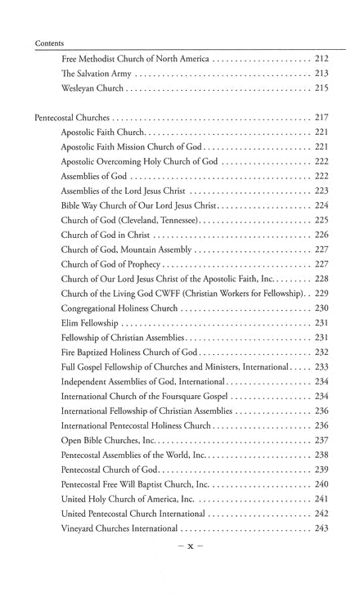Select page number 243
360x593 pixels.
tap(321, 528)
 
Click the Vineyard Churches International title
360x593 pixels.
tap(121, 528)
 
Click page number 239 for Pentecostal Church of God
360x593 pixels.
tap(321, 469)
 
